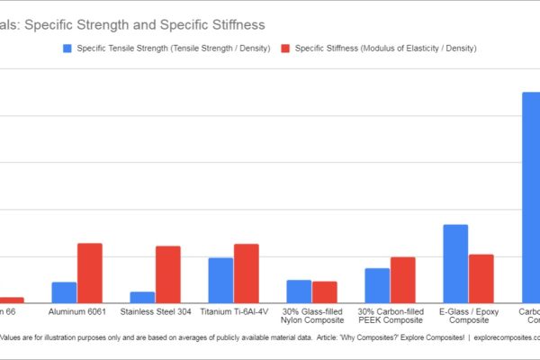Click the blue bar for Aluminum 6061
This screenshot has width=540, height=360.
click(x=64, y=292)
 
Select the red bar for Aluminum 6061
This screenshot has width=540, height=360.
click(x=89, y=273)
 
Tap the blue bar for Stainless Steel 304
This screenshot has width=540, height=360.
click(x=142, y=297)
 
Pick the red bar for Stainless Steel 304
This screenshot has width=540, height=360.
click(x=167, y=274)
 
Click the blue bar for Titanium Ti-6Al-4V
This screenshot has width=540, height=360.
click(x=220, y=280)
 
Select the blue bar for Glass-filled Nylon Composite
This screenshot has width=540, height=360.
click(x=299, y=292)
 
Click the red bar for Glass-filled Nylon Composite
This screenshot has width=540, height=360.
click(x=324, y=292)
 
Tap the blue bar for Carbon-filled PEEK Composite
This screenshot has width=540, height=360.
click(x=377, y=285)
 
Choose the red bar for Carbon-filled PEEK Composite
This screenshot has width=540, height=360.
click(x=402, y=280)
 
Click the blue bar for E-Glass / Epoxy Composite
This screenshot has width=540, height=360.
click(x=455, y=264)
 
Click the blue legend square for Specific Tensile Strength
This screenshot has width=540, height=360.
click(x=68, y=48)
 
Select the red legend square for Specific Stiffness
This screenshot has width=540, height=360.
click(x=287, y=48)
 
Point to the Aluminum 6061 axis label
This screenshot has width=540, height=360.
click(x=76, y=312)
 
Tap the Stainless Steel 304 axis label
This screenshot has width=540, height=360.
click(x=155, y=312)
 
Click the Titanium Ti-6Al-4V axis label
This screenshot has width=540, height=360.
click(x=233, y=312)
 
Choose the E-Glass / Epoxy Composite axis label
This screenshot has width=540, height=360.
click(x=468, y=316)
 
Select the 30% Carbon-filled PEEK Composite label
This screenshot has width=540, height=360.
click(x=390, y=316)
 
